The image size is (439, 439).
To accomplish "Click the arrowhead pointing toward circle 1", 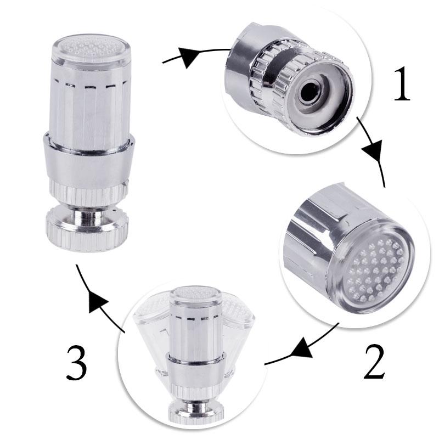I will pos(189,57).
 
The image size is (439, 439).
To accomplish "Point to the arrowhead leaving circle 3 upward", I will pos(98,301).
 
